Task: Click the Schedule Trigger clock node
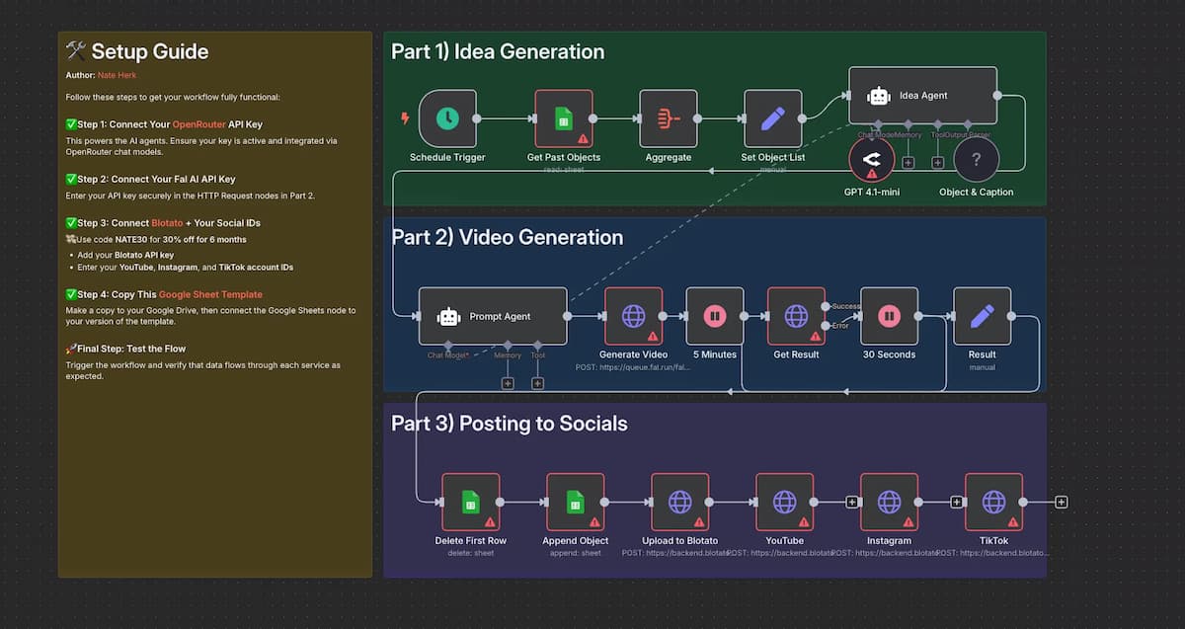447,118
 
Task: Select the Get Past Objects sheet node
564,118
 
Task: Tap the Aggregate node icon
669,118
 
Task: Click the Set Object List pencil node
773,118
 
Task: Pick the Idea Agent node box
922,96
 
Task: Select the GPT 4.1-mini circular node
872,160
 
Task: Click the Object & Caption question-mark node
976,160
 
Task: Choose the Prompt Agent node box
493,316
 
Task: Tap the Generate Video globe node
633,316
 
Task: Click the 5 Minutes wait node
714,316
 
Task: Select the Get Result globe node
796,316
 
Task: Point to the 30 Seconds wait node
889,316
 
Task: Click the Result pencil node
982,316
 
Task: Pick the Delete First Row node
470,502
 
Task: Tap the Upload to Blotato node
679,502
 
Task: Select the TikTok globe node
993,502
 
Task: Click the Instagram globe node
889,502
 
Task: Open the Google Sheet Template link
210,294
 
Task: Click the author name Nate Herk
118,75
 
